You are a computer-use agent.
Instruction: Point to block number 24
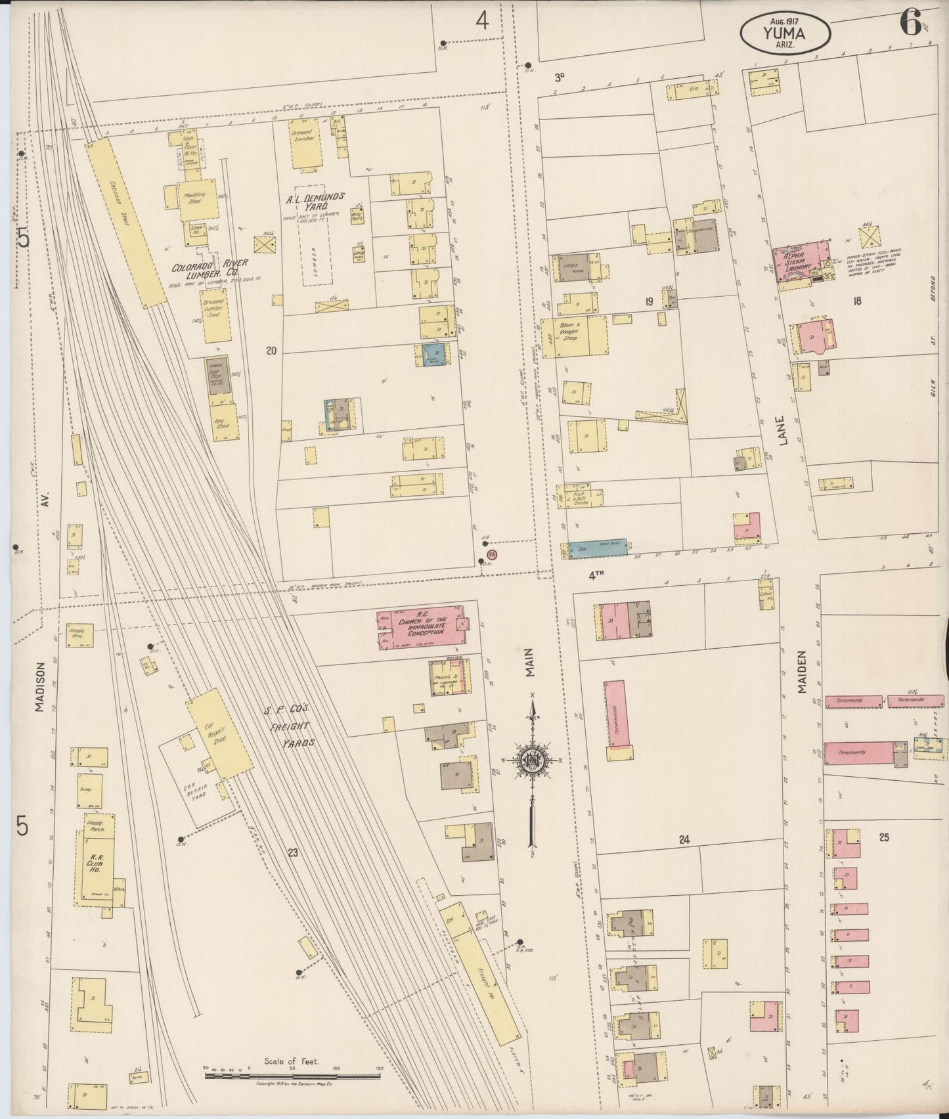[x=685, y=839]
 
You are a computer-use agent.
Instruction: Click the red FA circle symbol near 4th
[x=493, y=555]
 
